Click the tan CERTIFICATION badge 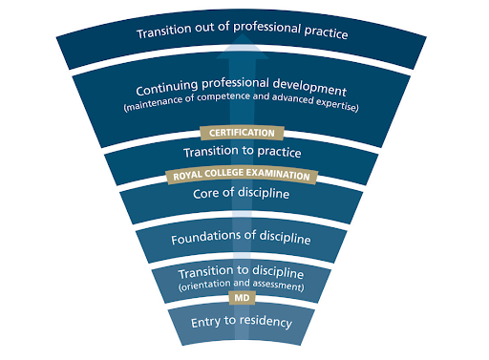(242, 133)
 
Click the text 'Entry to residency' (242, 321)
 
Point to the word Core (208, 196)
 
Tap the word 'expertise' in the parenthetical (336, 106)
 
